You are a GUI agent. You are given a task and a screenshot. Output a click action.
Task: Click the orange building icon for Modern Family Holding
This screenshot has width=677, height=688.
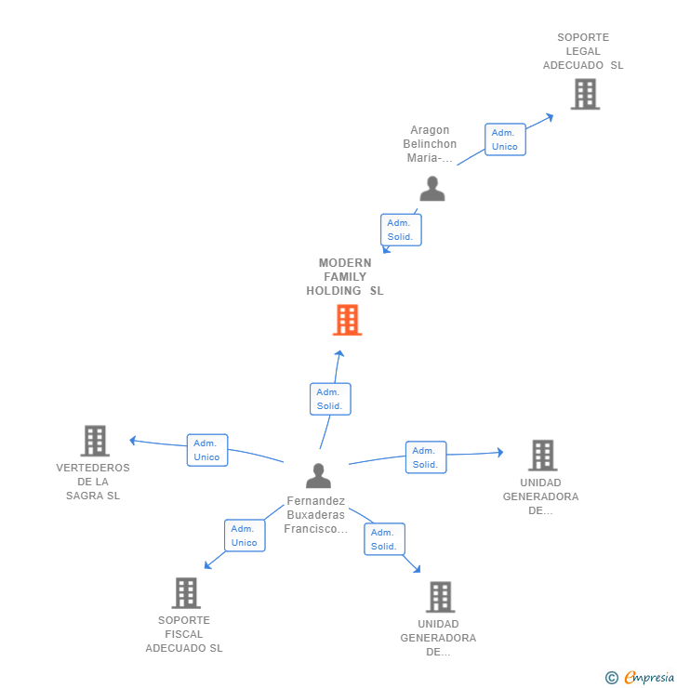(347, 320)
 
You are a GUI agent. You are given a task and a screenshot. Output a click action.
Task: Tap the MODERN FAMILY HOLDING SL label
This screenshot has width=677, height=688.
(345, 277)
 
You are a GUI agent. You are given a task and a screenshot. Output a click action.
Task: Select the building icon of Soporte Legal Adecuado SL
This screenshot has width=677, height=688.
(585, 94)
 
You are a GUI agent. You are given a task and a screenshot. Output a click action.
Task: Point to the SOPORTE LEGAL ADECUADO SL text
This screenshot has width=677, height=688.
(583, 52)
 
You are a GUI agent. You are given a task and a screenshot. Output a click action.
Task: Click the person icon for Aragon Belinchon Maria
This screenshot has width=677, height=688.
(431, 189)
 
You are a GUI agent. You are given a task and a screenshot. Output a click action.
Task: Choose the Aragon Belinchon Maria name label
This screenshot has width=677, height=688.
(430, 144)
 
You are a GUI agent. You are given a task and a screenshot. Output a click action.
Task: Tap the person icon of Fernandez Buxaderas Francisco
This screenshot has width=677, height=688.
(318, 476)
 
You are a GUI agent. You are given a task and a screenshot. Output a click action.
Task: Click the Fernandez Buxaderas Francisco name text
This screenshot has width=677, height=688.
(315, 515)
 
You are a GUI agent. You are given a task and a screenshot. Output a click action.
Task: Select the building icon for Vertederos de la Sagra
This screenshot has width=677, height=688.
(95, 441)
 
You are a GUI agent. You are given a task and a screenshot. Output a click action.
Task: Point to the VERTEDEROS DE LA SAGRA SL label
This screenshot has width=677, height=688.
(93, 482)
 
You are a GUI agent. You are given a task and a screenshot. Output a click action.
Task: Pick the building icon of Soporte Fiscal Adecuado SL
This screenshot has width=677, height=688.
(186, 593)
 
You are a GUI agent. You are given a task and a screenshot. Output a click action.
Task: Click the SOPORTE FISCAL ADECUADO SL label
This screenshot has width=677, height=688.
(184, 634)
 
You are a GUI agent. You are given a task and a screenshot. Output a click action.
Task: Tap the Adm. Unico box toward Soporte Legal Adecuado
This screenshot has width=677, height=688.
(505, 139)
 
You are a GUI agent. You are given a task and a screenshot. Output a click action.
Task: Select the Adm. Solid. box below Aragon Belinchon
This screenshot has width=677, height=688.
(401, 230)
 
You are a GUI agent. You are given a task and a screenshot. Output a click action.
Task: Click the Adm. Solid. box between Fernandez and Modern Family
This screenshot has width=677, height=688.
(330, 399)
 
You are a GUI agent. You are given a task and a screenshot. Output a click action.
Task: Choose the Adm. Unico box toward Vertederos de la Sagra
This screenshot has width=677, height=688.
(207, 450)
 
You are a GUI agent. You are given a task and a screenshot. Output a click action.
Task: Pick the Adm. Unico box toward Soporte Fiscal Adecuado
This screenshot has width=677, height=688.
(245, 536)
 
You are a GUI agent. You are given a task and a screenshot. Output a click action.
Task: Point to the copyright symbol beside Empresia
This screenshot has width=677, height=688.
(612, 678)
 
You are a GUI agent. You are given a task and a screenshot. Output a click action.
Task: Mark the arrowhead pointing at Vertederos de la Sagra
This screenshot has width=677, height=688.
(133, 440)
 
